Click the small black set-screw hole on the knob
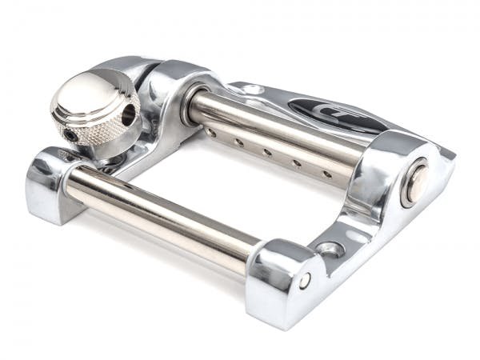pyautogui.click(x=73, y=136)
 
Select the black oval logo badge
pyautogui.click(x=336, y=115)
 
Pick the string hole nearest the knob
pyautogui.click(x=210, y=133)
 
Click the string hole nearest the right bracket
pyautogui.click(x=326, y=173)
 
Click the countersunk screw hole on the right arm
pyautogui.click(x=329, y=250)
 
